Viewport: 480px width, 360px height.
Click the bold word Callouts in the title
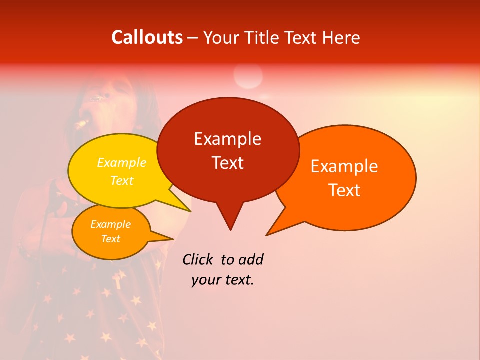click(x=147, y=37)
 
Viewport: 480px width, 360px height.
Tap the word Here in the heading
click(x=341, y=37)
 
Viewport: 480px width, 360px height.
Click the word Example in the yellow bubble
click(x=121, y=162)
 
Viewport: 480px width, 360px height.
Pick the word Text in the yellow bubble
click(x=121, y=180)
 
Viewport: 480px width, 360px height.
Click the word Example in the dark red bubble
click(x=227, y=139)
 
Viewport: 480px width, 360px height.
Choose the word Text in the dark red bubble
click(x=227, y=163)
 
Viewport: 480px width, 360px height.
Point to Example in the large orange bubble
click(x=344, y=166)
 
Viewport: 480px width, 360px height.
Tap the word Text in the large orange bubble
click(x=344, y=190)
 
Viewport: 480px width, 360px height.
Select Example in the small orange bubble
click(x=110, y=224)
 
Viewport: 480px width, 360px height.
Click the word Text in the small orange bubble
click(x=110, y=239)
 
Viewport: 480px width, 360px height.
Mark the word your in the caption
click(x=206, y=280)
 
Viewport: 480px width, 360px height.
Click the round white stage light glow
click(x=248, y=76)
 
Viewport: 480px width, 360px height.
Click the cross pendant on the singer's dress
click(x=117, y=280)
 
